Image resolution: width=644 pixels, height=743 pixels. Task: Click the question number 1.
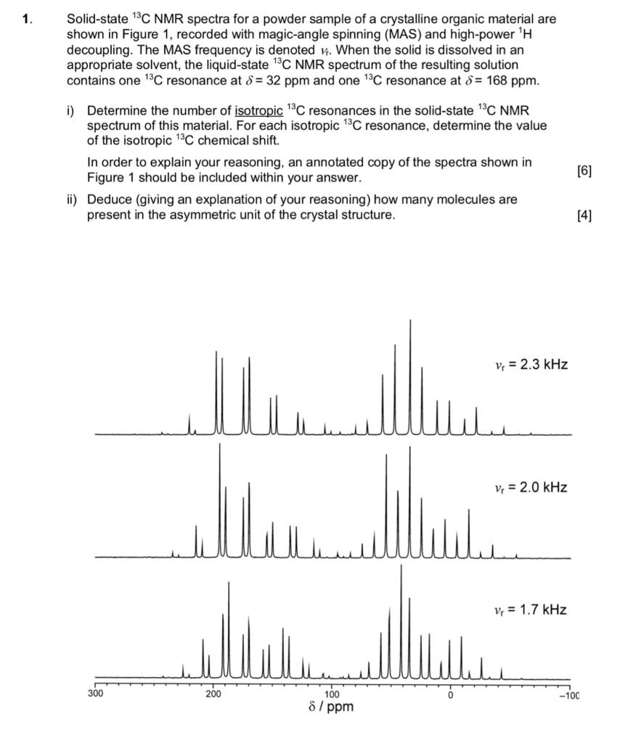coord(27,20)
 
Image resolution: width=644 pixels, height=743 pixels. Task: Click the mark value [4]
coord(584,215)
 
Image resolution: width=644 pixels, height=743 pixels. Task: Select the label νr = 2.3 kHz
coord(529,364)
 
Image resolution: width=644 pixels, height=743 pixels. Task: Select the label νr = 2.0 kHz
coord(529,487)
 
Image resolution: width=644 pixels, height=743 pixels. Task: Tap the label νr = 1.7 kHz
coord(529,609)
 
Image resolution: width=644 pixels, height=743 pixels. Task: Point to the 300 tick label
coord(95,694)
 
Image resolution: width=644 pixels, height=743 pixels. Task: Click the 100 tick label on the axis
coord(331,694)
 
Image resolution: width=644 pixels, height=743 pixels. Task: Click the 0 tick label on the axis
coord(450,694)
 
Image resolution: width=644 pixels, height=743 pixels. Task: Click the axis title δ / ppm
coord(331,707)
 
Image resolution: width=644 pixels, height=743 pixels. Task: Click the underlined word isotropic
coord(258,111)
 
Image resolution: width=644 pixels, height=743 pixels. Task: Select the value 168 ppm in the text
coord(514,81)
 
